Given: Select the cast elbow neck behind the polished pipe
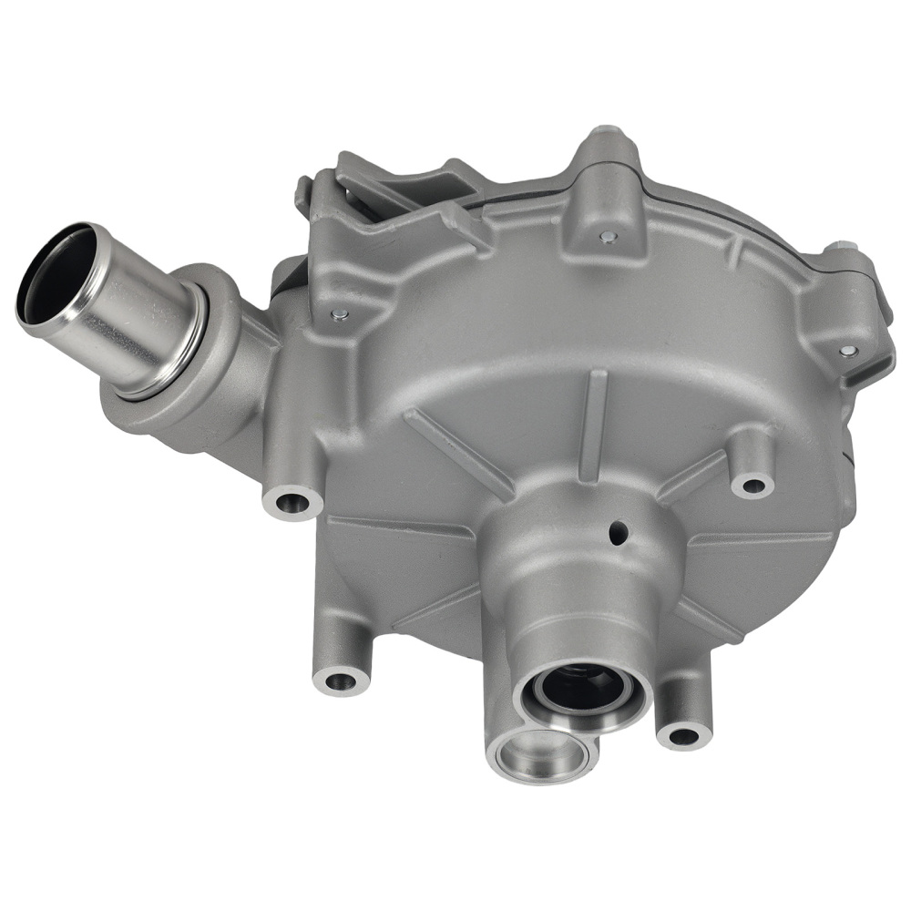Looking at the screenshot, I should pos(228,364).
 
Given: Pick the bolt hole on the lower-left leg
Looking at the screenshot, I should pos(341,679).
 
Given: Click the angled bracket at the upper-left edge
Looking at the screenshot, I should pos(383,187).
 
